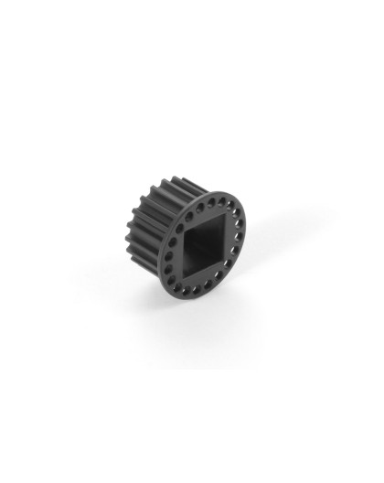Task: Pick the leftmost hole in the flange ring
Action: tap(169, 262)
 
